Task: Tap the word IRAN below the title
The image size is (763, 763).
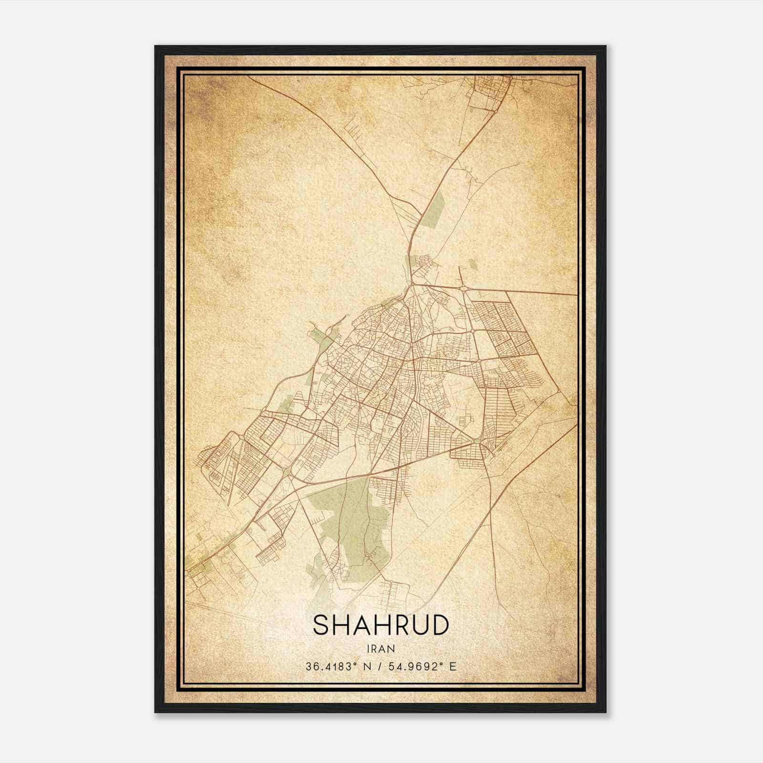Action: [381, 649]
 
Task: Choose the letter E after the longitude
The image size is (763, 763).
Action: [453, 667]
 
